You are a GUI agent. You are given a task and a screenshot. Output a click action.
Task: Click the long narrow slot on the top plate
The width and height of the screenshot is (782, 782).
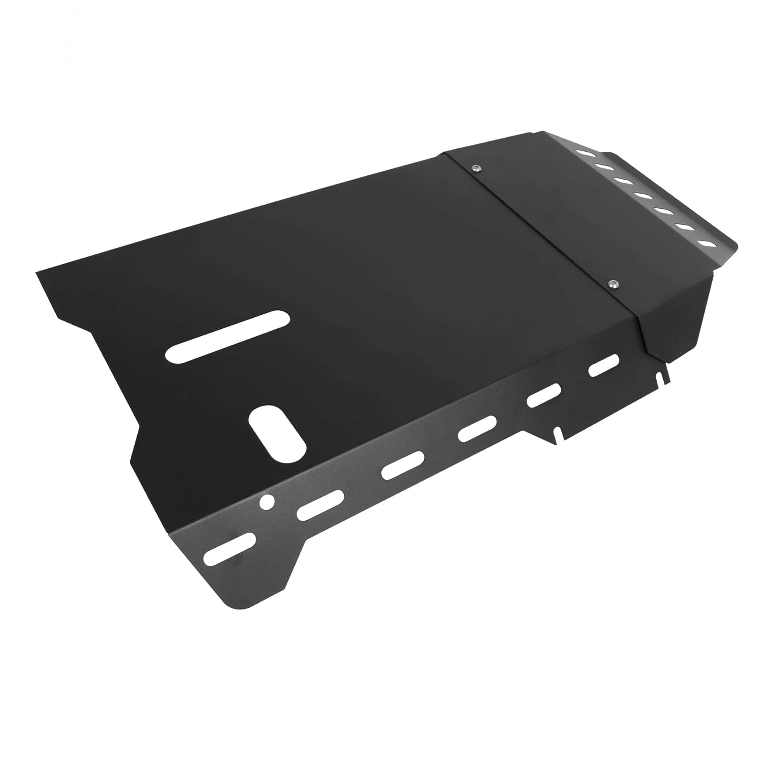tap(228, 337)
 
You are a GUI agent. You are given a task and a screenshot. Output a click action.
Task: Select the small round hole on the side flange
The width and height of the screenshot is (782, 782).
tap(267, 502)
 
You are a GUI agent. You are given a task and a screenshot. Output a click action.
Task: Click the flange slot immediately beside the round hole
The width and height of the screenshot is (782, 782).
tap(320, 504)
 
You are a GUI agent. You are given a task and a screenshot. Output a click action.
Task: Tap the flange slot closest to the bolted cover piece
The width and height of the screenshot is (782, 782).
tap(604, 365)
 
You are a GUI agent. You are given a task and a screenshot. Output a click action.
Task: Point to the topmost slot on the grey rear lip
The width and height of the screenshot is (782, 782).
tap(585, 153)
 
